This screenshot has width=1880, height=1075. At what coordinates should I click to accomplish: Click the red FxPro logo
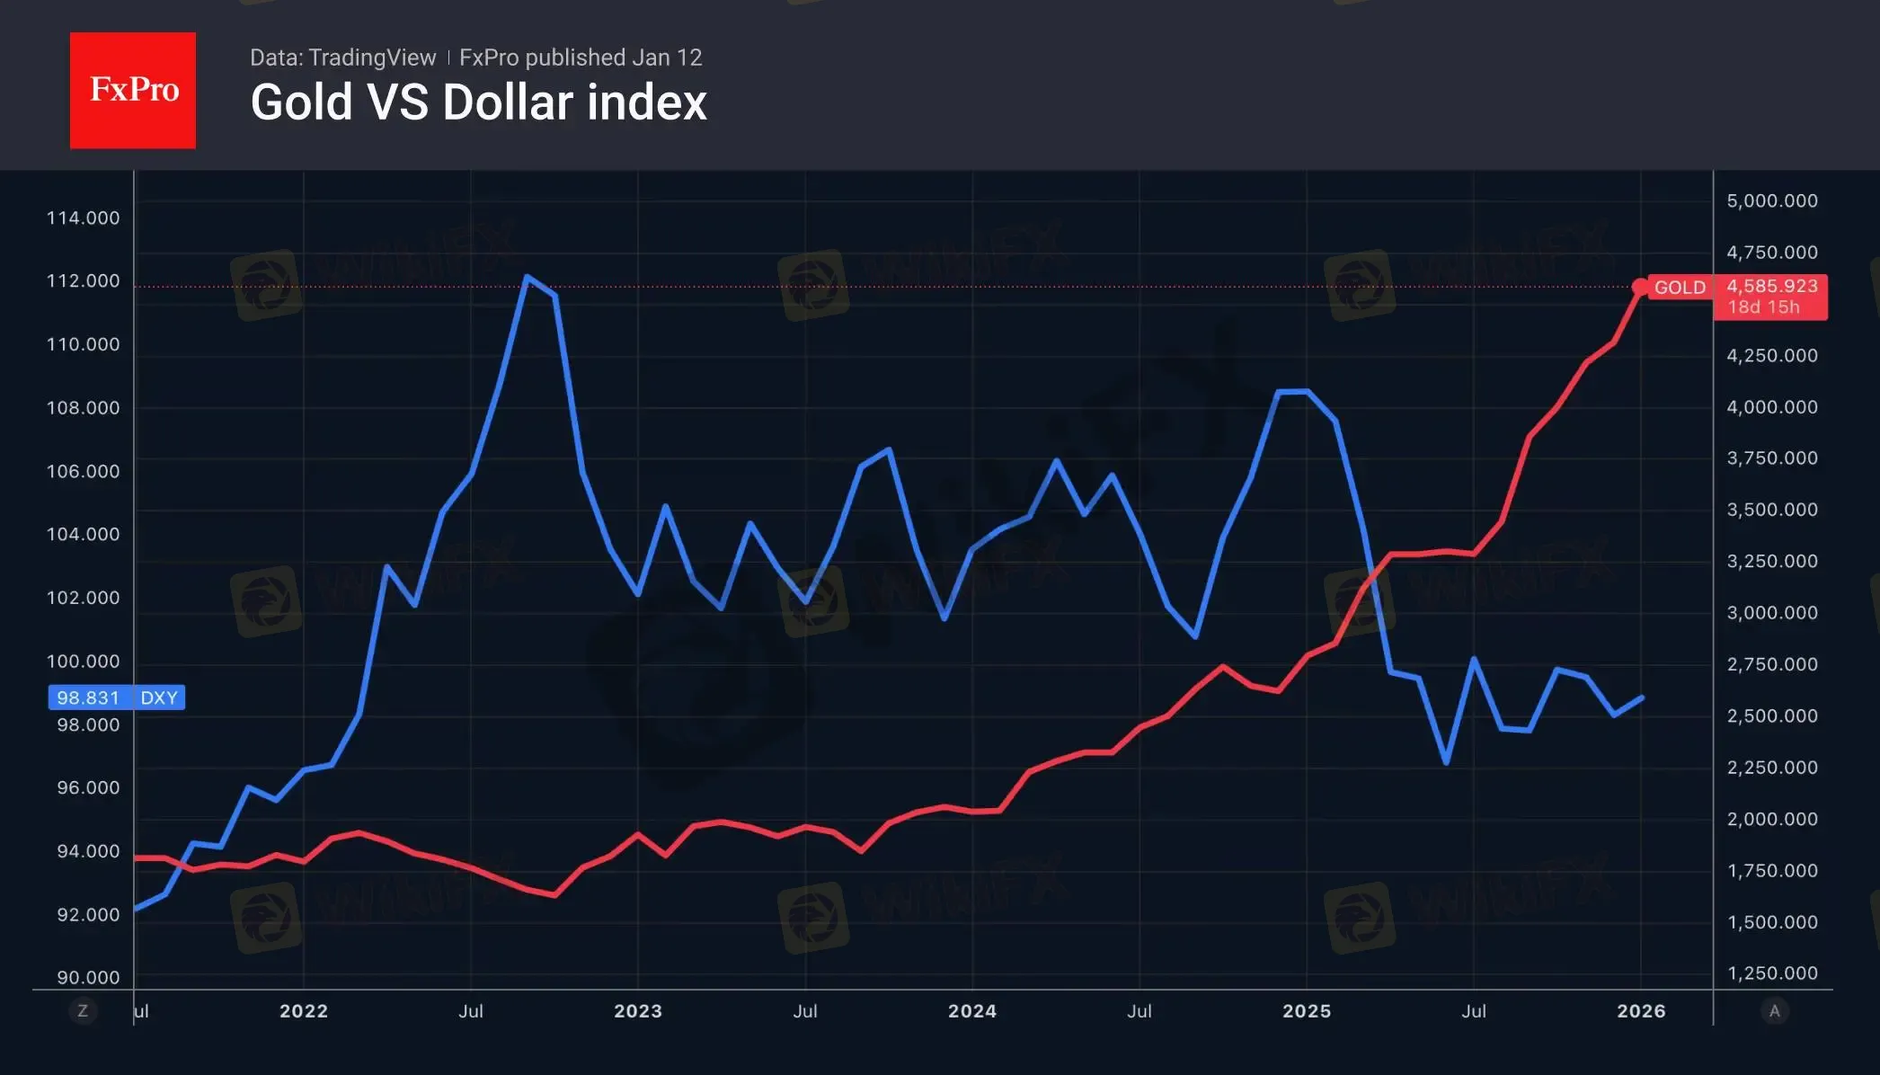pyautogui.click(x=133, y=90)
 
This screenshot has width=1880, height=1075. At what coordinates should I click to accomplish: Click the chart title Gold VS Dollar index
pyautogui.click(x=478, y=102)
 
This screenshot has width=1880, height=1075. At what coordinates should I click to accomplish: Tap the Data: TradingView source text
pyautogui.click(x=342, y=58)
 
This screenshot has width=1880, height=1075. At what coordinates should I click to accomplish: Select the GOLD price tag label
pyautogui.click(x=1679, y=288)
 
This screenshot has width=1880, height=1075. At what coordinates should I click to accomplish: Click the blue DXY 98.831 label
pyautogui.click(x=117, y=697)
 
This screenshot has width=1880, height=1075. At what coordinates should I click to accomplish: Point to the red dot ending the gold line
pyautogui.click(x=1640, y=288)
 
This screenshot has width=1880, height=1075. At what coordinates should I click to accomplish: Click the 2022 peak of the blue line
pyautogui.click(x=527, y=277)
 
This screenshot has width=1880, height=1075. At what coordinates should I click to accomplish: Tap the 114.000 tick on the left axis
pyautogui.click(x=83, y=218)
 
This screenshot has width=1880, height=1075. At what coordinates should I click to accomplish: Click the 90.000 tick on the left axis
pyautogui.click(x=88, y=977)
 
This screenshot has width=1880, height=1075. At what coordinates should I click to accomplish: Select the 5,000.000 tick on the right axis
pyautogui.click(x=1771, y=200)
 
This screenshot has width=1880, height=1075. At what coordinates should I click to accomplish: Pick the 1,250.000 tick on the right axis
pyautogui.click(x=1771, y=973)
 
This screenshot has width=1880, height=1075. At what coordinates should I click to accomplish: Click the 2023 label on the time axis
pyautogui.click(x=637, y=1011)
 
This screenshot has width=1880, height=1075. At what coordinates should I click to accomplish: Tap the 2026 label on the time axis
pyautogui.click(x=1640, y=1011)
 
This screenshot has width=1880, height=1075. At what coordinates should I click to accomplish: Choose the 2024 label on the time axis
pyautogui.click(x=971, y=1011)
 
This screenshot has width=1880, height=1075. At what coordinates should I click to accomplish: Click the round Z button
pyautogui.click(x=83, y=1011)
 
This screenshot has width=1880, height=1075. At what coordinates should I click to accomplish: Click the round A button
pyautogui.click(x=1774, y=1011)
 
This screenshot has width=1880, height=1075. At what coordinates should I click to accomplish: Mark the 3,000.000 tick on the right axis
pyautogui.click(x=1771, y=612)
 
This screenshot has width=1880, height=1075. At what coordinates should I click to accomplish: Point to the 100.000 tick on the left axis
pyautogui.click(x=83, y=661)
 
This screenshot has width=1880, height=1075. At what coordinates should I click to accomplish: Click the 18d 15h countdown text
pyautogui.click(x=1763, y=307)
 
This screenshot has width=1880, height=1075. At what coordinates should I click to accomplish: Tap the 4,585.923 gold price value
pyautogui.click(x=1771, y=286)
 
